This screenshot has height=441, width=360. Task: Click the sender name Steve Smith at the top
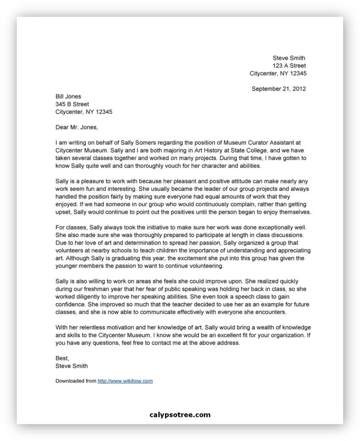[289, 58]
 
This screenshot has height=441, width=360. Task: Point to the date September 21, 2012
[279, 89]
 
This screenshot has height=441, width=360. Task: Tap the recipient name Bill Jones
[68, 96]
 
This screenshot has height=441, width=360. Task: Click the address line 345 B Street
[72, 104]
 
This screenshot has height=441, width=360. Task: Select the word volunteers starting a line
[71, 251]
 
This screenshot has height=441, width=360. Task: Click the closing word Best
[62, 358]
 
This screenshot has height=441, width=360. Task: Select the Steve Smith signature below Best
[72, 366]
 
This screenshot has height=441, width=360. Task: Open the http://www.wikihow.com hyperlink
[125, 381]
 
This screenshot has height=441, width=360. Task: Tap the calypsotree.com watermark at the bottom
[180, 415]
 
